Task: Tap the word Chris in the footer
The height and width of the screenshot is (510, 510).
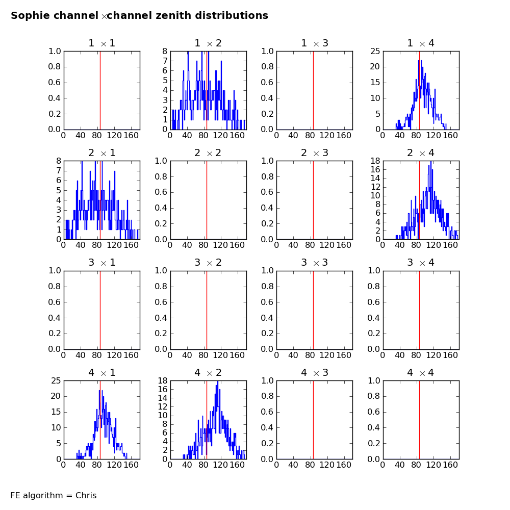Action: [x=86, y=495]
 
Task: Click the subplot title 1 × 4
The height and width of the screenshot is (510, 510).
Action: [x=421, y=43]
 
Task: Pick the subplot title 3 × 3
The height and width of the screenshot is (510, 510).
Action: [x=315, y=263]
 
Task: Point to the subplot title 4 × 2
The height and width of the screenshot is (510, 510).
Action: [x=208, y=372]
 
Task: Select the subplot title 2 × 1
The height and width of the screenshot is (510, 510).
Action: [x=102, y=153]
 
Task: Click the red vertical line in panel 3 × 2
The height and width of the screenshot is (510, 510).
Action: [x=207, y=310]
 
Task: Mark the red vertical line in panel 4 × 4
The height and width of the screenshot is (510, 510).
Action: [x=419, y=420]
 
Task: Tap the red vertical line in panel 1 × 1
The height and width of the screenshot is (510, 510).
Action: [x=100, y=90]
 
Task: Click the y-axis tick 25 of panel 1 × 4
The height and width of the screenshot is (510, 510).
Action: [x=375, y=51]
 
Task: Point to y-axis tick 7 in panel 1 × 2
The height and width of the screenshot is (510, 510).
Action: [x=165, y=61]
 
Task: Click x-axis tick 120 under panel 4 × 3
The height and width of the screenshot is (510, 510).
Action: [x=327, y=465]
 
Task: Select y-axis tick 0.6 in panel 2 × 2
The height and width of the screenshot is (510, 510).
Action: [x=161, y=192]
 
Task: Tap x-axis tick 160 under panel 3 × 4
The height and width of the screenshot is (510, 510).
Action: [x=450, y=355]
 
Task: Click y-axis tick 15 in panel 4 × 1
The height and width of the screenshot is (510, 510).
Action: [x=56, y=412]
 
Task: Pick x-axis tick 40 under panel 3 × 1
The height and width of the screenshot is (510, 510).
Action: [x=81, y=355]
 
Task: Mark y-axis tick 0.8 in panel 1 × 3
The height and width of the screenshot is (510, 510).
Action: [x=267, y=67]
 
